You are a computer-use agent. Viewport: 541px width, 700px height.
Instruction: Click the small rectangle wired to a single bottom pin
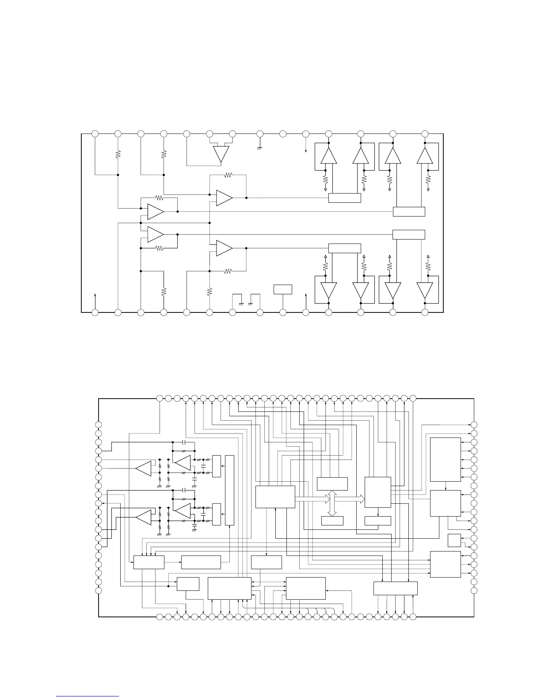283,289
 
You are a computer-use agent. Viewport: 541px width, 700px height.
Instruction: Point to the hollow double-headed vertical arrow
332,503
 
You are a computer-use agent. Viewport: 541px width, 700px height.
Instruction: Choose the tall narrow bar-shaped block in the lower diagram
229,491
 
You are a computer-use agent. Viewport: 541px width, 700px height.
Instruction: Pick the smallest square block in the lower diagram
454,540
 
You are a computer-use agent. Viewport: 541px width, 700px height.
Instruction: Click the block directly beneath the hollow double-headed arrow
332,521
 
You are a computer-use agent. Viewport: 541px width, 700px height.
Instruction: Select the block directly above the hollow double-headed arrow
332,484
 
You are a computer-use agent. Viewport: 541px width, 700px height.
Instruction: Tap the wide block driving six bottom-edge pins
395,588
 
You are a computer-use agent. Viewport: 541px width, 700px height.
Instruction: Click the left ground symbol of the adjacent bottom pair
241,303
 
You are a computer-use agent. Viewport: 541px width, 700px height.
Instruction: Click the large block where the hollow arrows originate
275,497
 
